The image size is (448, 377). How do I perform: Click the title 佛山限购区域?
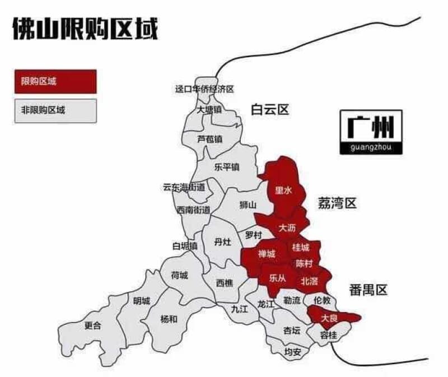85,29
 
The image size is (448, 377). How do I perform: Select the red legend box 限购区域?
55,82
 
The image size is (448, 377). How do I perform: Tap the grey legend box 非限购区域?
55,110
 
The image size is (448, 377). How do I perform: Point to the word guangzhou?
370,148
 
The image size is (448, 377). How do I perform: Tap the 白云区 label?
269,109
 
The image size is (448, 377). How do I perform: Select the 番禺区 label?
367,290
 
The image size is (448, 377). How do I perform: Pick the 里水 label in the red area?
283,190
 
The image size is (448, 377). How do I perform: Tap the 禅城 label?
267,254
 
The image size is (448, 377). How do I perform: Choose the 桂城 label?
300,247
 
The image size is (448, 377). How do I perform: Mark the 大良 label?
329,318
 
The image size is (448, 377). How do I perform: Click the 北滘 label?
309,280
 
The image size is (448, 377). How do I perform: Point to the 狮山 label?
248,205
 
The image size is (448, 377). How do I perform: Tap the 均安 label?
292,352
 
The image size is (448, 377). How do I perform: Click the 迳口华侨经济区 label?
204,89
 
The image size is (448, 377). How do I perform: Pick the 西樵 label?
224,283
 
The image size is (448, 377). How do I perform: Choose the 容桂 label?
329,336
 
